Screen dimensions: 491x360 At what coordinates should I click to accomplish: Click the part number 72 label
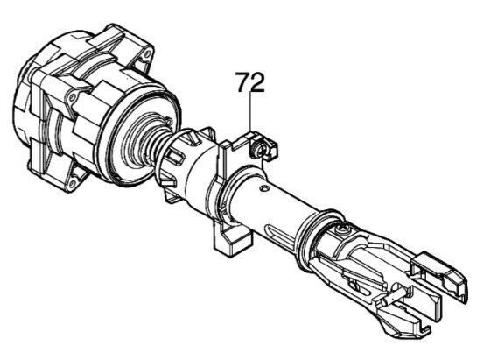[250, 82]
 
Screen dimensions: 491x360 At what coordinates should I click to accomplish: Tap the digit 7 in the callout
[243, 82]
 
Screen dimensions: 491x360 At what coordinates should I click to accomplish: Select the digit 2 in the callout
[257, 82]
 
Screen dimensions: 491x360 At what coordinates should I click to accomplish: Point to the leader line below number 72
[250, 112]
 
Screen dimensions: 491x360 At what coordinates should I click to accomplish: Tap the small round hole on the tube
[265, 188]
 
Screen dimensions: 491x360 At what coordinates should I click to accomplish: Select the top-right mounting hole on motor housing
[146, 55]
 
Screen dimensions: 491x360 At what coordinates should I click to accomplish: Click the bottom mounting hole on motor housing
[73, 183]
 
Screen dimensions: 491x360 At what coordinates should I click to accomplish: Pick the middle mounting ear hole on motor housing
[72, 98]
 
